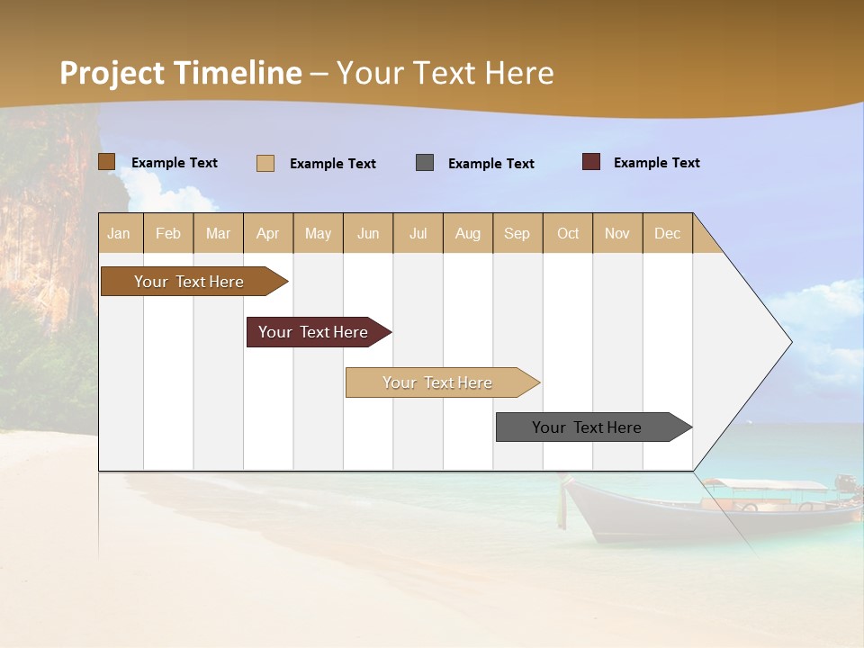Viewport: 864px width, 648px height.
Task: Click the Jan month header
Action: click(x=120, y=233)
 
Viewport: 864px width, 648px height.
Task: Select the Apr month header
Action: click(x=268, y=233)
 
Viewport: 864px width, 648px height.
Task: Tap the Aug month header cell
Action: click(x=468, y=233)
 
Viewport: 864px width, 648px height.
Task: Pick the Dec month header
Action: click(x=667, y=233)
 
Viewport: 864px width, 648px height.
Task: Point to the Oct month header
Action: click(x=568, y=233)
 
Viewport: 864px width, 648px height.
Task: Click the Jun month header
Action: click(x=368, y=233)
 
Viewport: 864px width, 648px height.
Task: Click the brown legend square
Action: click(x=107, y=162)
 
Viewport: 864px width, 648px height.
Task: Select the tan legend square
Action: click(x=265, y=163)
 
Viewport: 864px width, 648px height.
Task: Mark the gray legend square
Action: click(x=425, y=163)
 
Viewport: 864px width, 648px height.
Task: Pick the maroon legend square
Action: click(x=591, y=162)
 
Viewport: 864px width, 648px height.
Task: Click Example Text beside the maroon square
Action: click(x=656, y=163)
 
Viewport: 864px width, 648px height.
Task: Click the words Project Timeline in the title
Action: click(x=180, y=73)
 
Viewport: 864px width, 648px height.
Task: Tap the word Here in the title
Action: click(x=518, y=73)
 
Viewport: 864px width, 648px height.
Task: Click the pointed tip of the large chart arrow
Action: click(x=790, y=342)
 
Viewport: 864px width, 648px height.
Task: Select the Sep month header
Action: click(x=517, y=233)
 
